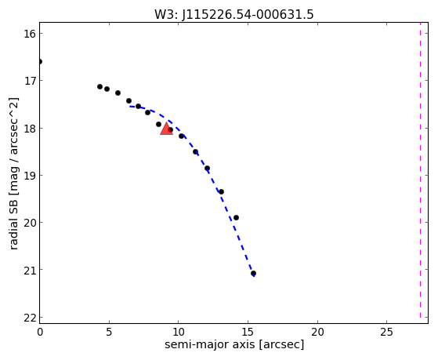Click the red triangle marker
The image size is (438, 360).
tap(166, 129)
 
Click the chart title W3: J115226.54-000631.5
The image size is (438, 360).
tap(234, 15)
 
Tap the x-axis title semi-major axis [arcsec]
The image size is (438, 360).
tap(234, 344)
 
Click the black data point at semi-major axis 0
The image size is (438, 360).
tap(40, 61)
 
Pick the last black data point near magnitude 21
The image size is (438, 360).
tap(253, 273)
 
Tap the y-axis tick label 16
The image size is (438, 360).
tap(30, 34)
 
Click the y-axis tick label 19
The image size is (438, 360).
tap(30, 176)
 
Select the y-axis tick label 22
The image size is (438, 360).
tap(30, 318)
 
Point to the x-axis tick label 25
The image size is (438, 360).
tap(386, 332)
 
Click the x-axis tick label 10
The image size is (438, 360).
tap(178, 332)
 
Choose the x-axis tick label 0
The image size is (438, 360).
tap(40, 332)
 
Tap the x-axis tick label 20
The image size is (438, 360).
tap(317, 332)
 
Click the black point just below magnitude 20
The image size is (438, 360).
tap(236, 217)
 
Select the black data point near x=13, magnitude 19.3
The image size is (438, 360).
tap(221, 191)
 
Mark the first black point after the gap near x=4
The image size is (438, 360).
tap(100, 87)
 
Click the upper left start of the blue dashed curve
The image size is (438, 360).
tap(130, 107)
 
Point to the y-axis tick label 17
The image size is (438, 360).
tap(30, 81)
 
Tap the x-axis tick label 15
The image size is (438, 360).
tap(248, 332)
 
